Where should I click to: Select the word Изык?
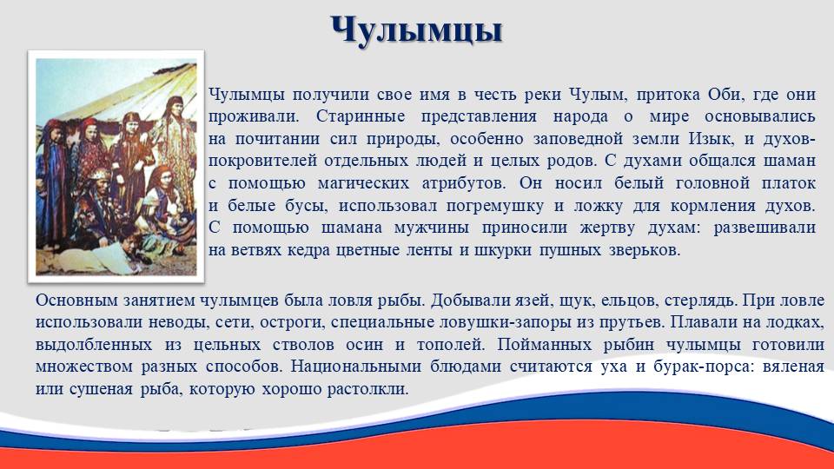(710, 139)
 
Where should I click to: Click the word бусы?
(302, 205)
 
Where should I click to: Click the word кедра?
(309, 250)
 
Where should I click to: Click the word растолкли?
(367, 389)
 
